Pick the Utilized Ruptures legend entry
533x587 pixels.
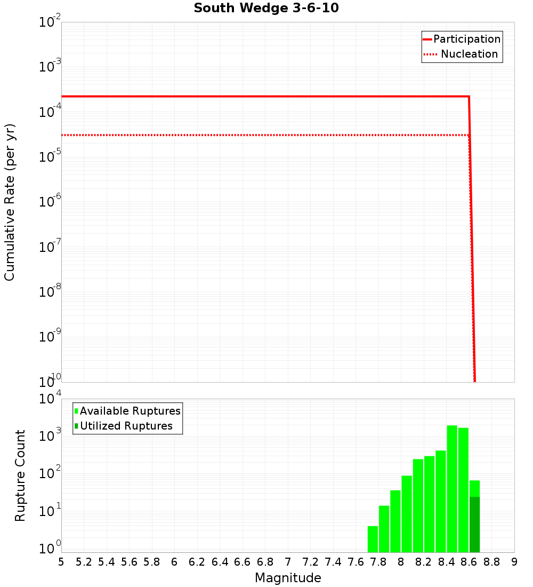tap(126, 426)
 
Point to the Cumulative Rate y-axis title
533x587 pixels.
tap(10, 202)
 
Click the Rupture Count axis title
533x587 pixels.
tap(20, 475)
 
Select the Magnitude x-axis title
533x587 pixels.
tap(288, 578)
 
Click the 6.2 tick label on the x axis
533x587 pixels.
tap(197, 562)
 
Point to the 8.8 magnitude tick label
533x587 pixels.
tap(491, 562)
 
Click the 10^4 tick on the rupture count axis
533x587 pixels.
tap(49, 399)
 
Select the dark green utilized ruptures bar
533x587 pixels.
tap(474, 525)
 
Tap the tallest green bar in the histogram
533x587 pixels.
tap(452, 488)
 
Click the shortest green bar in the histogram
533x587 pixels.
tap(373, 539)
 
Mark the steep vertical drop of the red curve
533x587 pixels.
tap(472, 240)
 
